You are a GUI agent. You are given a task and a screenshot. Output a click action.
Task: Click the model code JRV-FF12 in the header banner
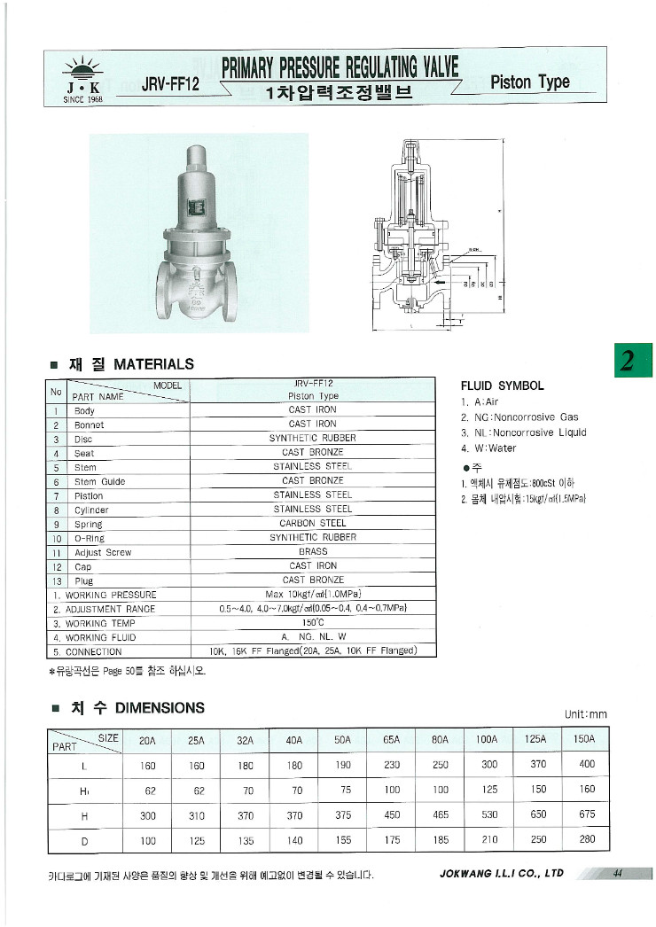(169, 84)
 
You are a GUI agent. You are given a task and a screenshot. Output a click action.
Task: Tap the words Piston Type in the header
(529, 82)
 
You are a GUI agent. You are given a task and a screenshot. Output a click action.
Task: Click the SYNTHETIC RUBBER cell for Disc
(312, 438)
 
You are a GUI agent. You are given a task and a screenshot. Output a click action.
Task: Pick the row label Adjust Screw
(102, 552)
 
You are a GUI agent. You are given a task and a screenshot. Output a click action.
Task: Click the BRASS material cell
(312, 551)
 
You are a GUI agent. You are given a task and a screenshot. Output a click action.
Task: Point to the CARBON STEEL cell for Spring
(312, 523)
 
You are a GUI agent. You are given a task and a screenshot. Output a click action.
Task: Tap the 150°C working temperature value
(312, 623)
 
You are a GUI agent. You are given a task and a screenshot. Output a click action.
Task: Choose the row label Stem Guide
(99, 481)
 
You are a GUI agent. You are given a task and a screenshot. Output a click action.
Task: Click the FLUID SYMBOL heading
(502, 386)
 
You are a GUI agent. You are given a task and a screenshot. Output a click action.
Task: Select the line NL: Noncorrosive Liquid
(523, 432)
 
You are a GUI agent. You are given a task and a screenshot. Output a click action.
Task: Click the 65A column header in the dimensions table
(391, 739)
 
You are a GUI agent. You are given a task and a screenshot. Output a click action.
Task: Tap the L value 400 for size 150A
(586, 766)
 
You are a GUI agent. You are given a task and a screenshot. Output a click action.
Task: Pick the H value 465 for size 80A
(440, 814)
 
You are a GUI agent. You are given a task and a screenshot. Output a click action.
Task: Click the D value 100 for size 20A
(148, 839)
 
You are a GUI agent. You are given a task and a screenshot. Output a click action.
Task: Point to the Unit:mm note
(585, 714)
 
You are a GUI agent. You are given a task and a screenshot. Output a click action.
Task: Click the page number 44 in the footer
(618, 873)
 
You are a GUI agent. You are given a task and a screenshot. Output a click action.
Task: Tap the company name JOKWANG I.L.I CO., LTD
(501, 874)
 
